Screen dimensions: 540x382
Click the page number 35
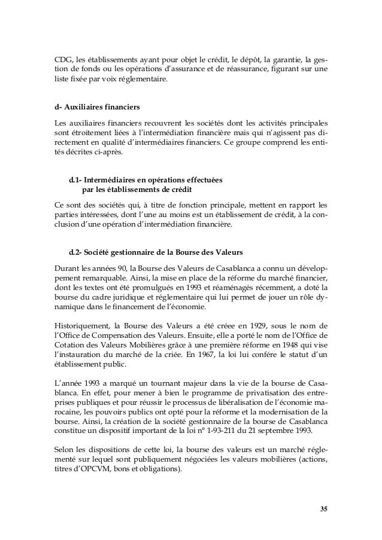click(x=324, y=509)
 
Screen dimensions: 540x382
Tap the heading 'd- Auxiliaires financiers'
click(x=97, y=108)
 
